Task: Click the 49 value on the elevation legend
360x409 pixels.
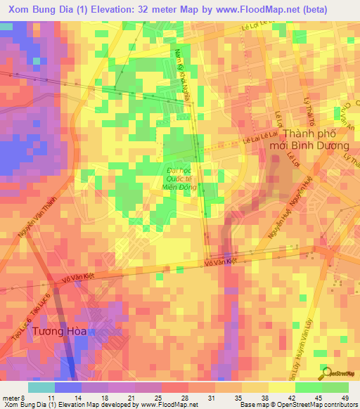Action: (344, 398)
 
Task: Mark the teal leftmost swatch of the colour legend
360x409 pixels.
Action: (41, 387)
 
